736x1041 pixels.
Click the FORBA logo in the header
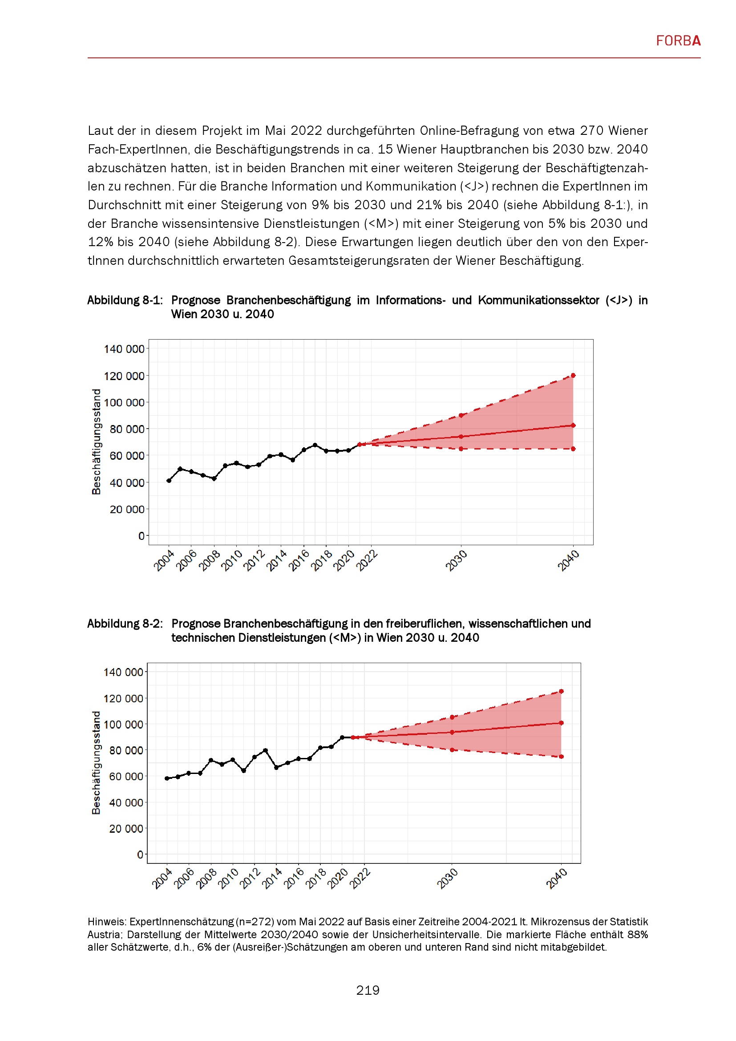678,41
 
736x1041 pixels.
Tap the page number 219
368,990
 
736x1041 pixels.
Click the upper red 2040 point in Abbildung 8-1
573,376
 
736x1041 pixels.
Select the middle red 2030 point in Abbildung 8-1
461,437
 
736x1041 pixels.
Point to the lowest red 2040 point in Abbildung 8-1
573,449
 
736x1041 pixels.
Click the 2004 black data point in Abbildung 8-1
169,481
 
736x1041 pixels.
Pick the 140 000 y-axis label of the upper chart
124,349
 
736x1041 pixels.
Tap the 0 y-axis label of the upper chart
141,536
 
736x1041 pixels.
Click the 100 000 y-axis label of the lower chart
123,725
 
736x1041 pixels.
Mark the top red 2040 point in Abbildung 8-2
562,692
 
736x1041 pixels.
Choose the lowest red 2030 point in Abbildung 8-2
452,750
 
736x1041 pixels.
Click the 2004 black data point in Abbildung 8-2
167,778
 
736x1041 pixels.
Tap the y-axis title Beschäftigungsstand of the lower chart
96,763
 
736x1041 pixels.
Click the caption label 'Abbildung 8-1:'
125,300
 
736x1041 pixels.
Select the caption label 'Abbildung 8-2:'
125,624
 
